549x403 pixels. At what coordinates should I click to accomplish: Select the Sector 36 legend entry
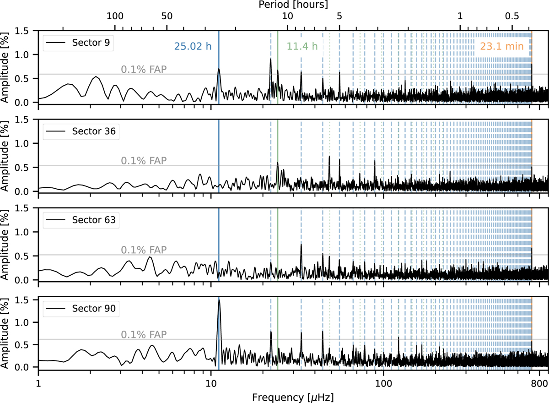click(x=81, y=132)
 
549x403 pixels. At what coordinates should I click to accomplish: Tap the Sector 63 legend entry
click(x=81, y=220)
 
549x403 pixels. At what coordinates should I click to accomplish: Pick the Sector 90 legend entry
click(x=81, y=309)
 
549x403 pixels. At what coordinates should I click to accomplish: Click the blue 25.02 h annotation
click(x=193, y=46)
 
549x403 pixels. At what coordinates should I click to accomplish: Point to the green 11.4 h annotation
click(x=302, y=46)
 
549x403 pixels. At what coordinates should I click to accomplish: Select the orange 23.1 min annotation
click(x=501, y=46)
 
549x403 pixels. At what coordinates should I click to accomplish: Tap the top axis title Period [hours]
click(x=293, y=6)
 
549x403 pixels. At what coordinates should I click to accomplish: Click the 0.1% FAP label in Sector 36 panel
click(x=144, y=160)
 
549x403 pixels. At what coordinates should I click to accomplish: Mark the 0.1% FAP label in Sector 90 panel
click(x=144, y=334)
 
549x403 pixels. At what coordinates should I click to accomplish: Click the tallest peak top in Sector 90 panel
click(x=219, y=300)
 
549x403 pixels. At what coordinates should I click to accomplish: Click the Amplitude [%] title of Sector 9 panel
click(x=6, y=66)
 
